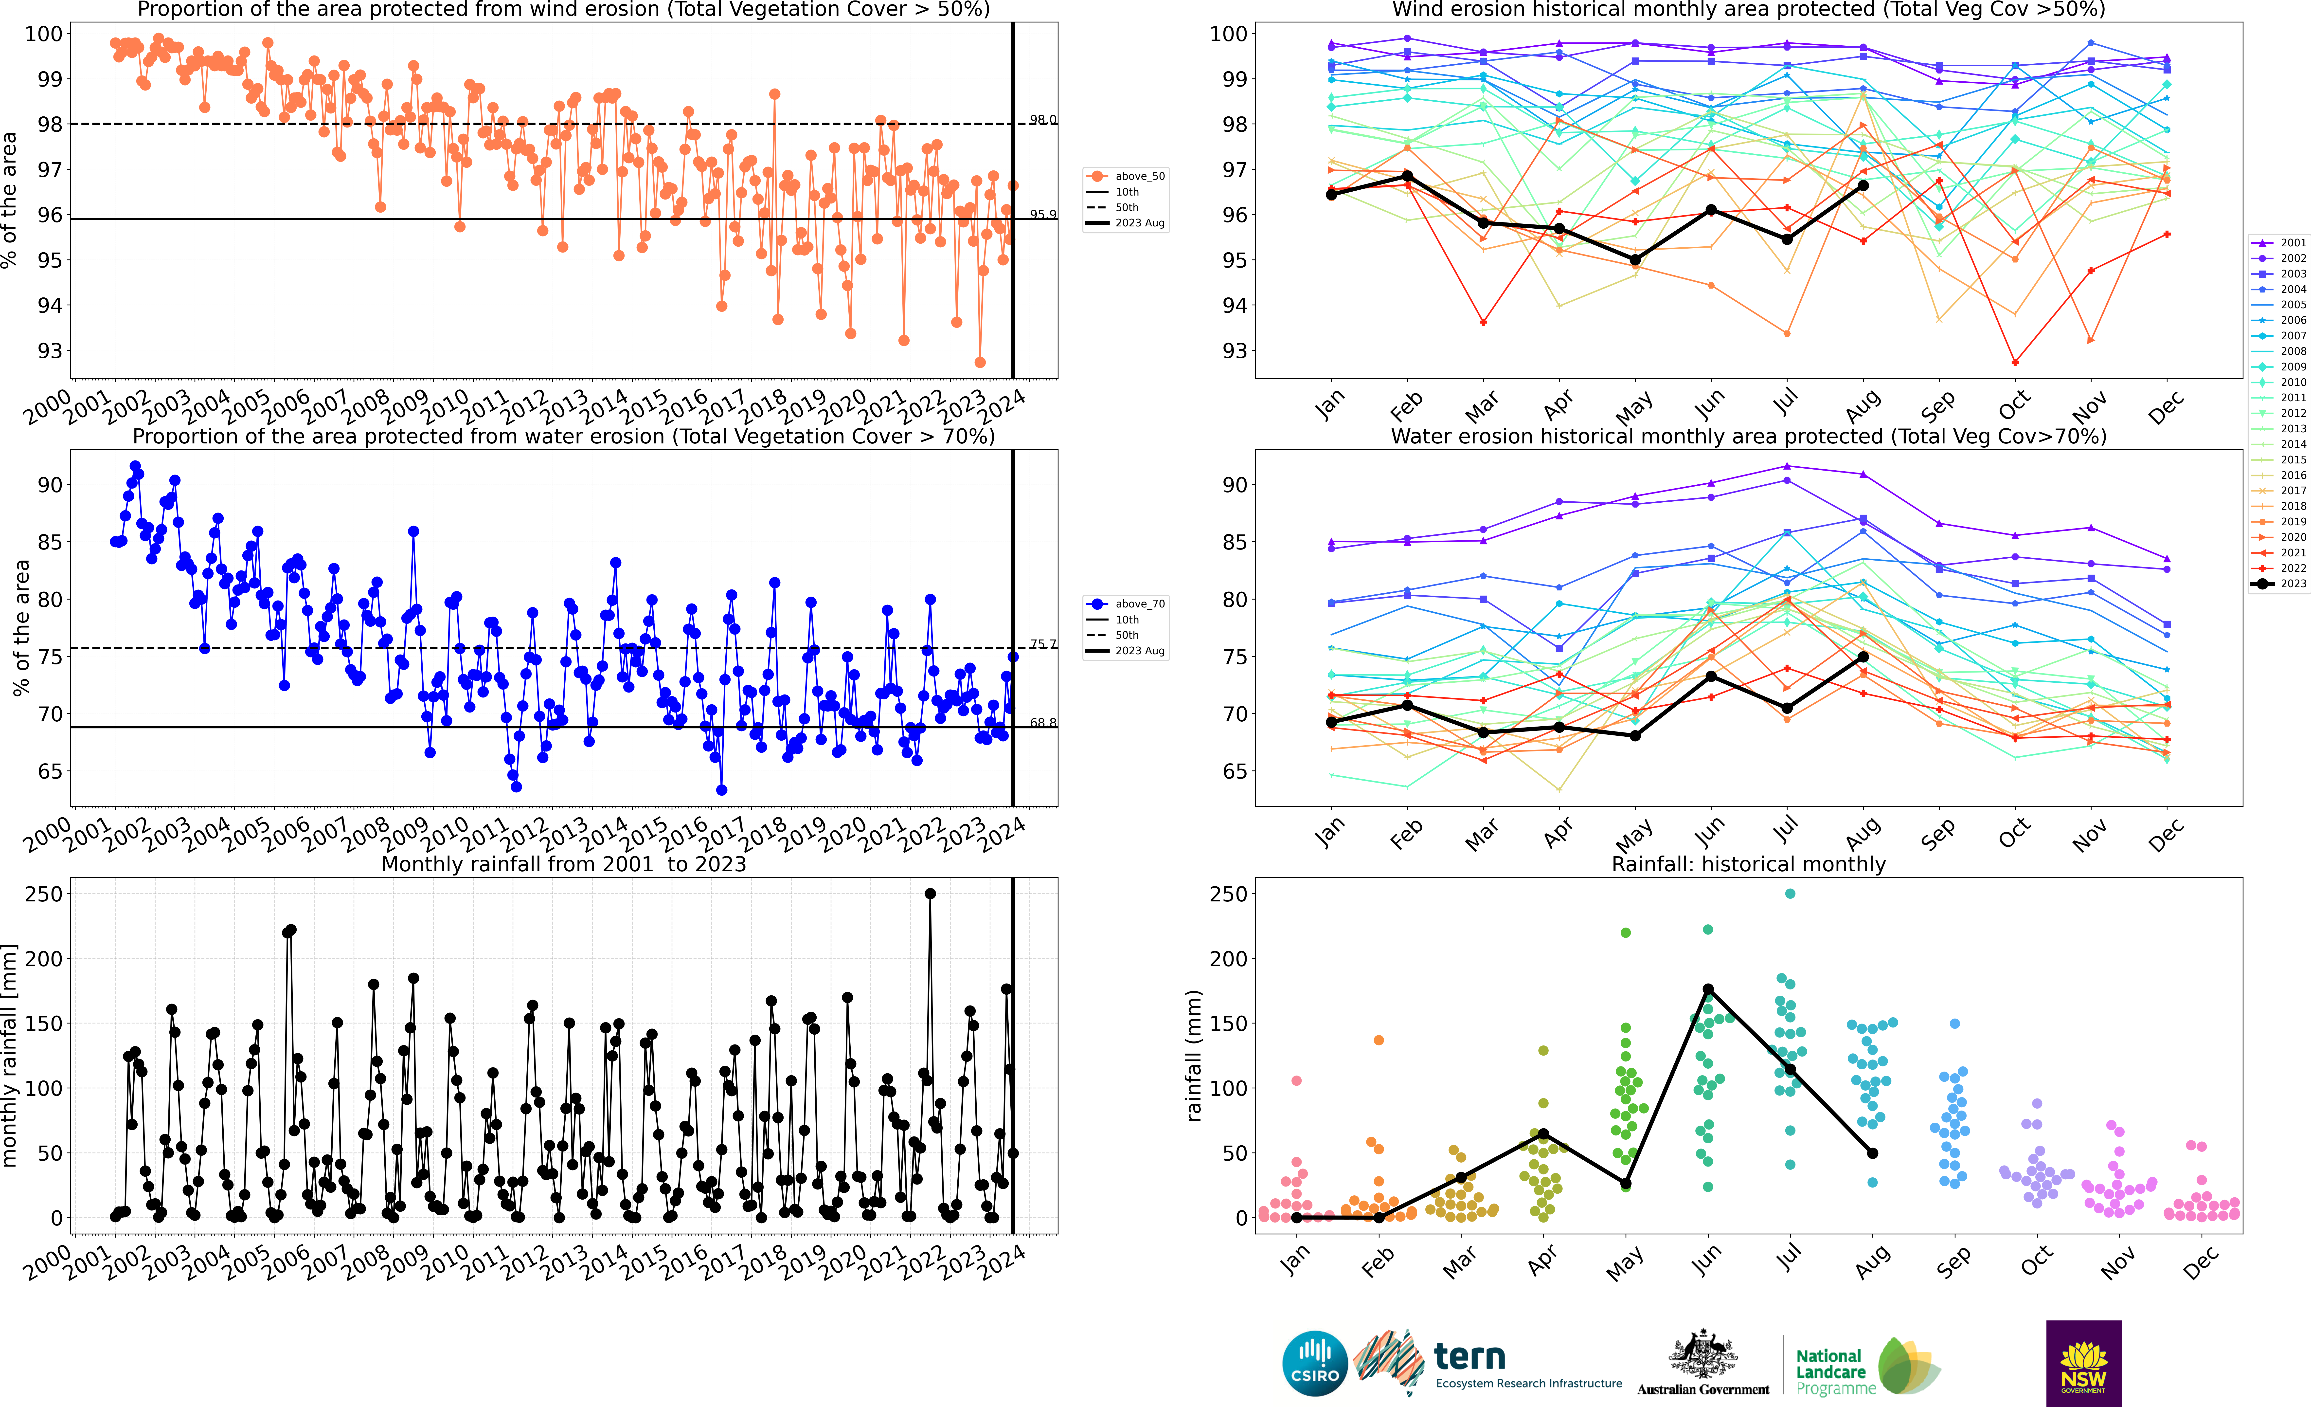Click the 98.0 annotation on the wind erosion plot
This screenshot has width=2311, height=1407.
coord(1042,120)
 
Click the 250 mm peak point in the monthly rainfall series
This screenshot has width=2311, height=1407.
coord(930,894)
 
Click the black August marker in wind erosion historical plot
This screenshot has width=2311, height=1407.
coord(1863,186)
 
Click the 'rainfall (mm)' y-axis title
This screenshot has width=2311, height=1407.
coord(1194,1055)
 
